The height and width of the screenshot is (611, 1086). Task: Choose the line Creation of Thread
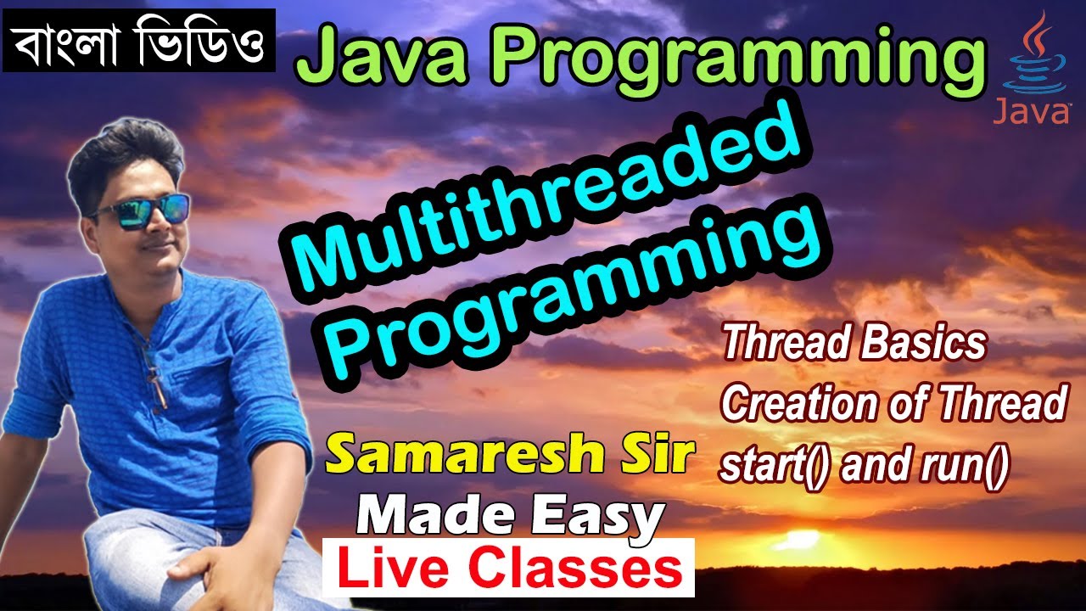point(893,406)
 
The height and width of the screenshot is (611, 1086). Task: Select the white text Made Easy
point(510,514)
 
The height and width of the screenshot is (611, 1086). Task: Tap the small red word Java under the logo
point(1030,111)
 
